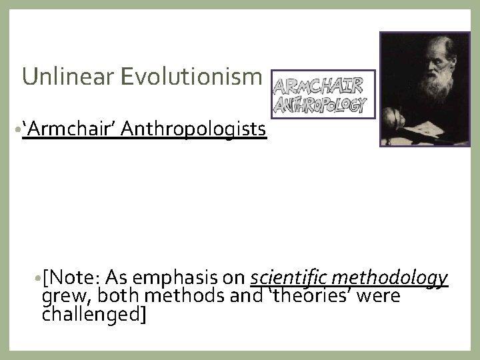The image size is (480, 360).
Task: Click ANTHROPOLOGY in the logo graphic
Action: pyautogui.click(x=321, y=105)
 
